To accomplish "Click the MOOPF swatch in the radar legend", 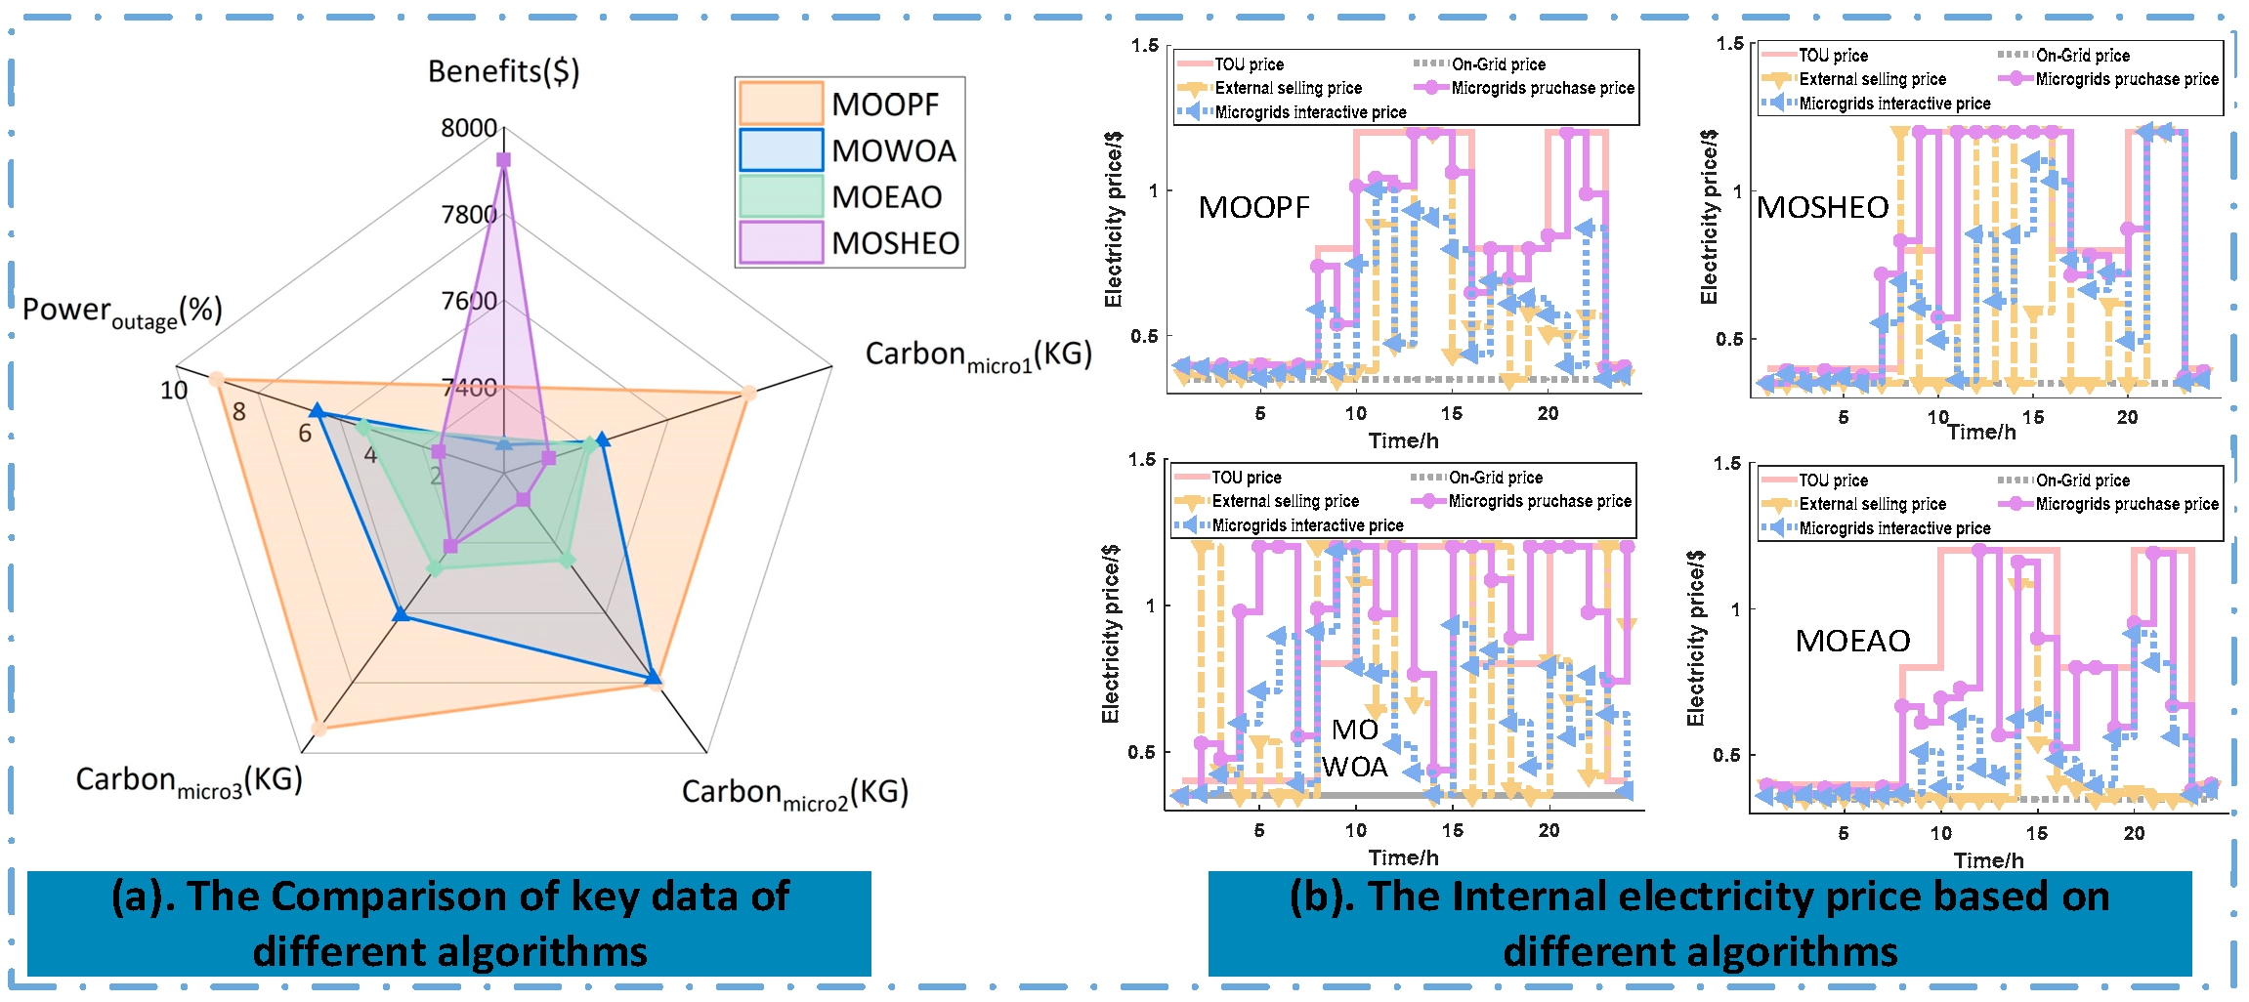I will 780,104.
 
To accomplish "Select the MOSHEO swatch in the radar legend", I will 780,242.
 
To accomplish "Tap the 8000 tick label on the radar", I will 469,128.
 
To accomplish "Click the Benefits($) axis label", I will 503,71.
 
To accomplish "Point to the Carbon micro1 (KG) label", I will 978,355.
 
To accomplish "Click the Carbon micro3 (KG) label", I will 189,781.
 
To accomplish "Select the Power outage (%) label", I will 122,313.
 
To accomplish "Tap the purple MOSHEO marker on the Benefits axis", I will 503,159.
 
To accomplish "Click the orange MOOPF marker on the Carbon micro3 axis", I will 318,728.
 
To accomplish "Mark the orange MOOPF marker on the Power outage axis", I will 217,379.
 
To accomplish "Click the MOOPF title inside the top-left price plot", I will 1253,207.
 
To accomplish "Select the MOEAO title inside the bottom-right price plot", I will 1852,641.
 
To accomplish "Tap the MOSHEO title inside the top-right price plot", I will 1822,207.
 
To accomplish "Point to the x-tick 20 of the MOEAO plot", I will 2134,833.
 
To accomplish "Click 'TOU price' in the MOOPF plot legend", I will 1249,64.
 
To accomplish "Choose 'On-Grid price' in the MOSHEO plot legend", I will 2083,56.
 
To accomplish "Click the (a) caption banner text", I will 449,923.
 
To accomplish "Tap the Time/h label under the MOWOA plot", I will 1403,857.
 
